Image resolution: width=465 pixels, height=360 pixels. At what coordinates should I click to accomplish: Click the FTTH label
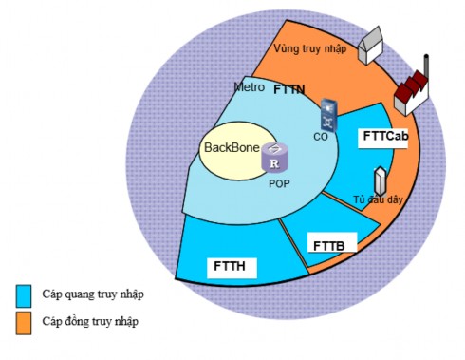pos(231,267)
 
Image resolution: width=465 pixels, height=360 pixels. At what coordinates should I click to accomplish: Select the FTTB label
pos(328,245)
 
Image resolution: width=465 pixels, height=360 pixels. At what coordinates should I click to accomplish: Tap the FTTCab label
pos(385,137)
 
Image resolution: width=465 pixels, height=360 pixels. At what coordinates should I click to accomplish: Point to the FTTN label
pos(288,90)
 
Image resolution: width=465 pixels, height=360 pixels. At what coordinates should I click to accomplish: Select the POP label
pos(277,182)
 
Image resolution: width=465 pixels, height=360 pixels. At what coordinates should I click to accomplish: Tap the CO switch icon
pos(327,114)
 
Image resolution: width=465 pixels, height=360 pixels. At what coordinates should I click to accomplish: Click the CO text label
pos(320,137)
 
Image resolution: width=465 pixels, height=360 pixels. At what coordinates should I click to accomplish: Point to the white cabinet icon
pos(381,180)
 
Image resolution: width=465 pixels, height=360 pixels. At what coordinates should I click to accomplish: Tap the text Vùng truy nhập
pos(307,47)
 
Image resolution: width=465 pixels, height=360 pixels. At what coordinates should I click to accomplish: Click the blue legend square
pos(24,294)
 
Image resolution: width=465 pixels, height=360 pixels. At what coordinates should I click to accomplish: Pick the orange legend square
pos(24,321)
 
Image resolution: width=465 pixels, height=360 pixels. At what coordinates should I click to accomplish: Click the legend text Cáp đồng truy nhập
pos(91,321)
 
